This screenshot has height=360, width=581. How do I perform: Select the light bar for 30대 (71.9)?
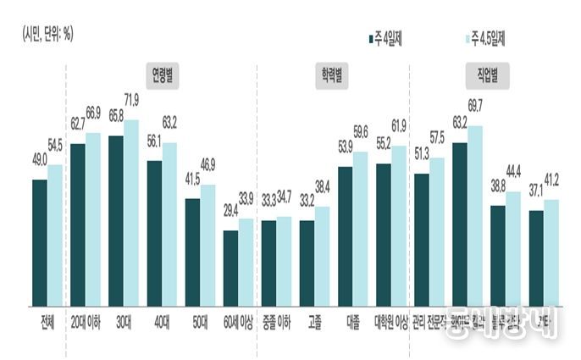pyautogui.click(x=131, y=212)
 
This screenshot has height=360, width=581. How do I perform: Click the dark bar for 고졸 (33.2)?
pyautogui.click(x=307, y=262)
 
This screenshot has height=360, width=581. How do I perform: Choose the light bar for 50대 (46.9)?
pyautogui.click(x=207, y=245)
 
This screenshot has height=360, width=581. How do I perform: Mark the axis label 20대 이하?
pyautogui.click(x=86, y=322)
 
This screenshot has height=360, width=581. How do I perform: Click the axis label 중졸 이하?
pyautogui.click(x=277, y=322)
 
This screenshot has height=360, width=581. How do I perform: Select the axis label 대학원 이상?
pyautogui.click(x=390, y=322)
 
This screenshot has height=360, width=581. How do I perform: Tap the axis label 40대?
pyautogui.click(x=162, y=322)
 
